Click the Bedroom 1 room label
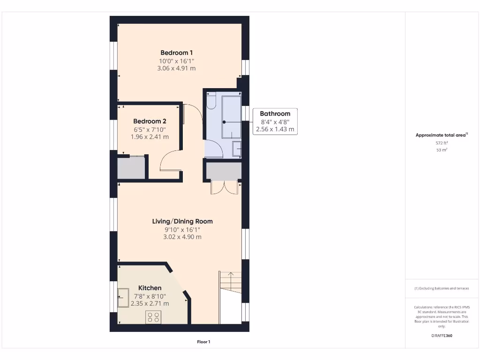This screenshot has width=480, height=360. click(176, 53)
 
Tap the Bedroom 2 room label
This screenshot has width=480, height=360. click(150, 121)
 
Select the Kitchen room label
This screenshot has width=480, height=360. click(150, 288)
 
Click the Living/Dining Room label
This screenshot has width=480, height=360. click(182, 221)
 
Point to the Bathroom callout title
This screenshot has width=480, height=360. click(275, 113)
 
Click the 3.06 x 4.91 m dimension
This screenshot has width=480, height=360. click(176, 68)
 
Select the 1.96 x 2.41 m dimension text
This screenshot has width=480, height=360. click(150, 137)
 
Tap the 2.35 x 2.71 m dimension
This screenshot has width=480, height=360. click(150, 304)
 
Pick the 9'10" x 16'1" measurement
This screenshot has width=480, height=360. click(182, 229)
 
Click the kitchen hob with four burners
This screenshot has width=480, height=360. click(153, 317)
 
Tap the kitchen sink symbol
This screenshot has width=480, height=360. click(123, 294)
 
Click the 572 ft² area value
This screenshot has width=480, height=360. click(442, 143)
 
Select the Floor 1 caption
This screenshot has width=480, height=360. click(203, 342)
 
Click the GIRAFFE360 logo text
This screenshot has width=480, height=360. click(442, 336)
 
